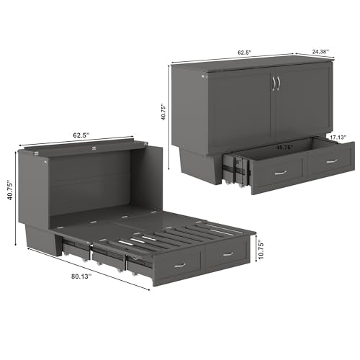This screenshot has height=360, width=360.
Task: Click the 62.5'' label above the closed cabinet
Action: click(244, 52)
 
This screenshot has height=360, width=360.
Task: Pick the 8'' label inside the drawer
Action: click(238, 163)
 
